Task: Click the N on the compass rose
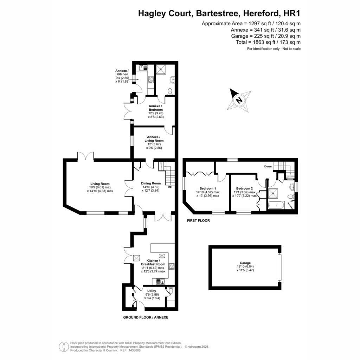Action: (x=239, y=100)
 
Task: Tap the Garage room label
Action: (x=245, y=263)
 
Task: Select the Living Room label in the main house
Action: (x=100, y=184)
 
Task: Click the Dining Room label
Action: (x=150, y=183)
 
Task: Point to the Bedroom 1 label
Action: (x=207, y=188)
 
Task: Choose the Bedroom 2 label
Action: (x=244, y=188)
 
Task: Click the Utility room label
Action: (x=152, y=291)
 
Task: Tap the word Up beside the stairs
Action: (x=170, y=187)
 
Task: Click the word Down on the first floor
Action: (x=268, y=166)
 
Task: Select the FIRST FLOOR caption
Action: (x=198, y=221)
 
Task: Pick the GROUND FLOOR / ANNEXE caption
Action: (x=146, y=317)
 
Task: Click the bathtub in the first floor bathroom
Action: (x=276, y=205)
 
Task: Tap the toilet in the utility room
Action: (x=171, y=291)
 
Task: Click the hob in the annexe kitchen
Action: (x=150, y=79)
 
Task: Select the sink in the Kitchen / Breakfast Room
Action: (x=160, y=282)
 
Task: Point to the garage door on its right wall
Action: (x=279, y=267)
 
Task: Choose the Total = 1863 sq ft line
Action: (x=268, y=42)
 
